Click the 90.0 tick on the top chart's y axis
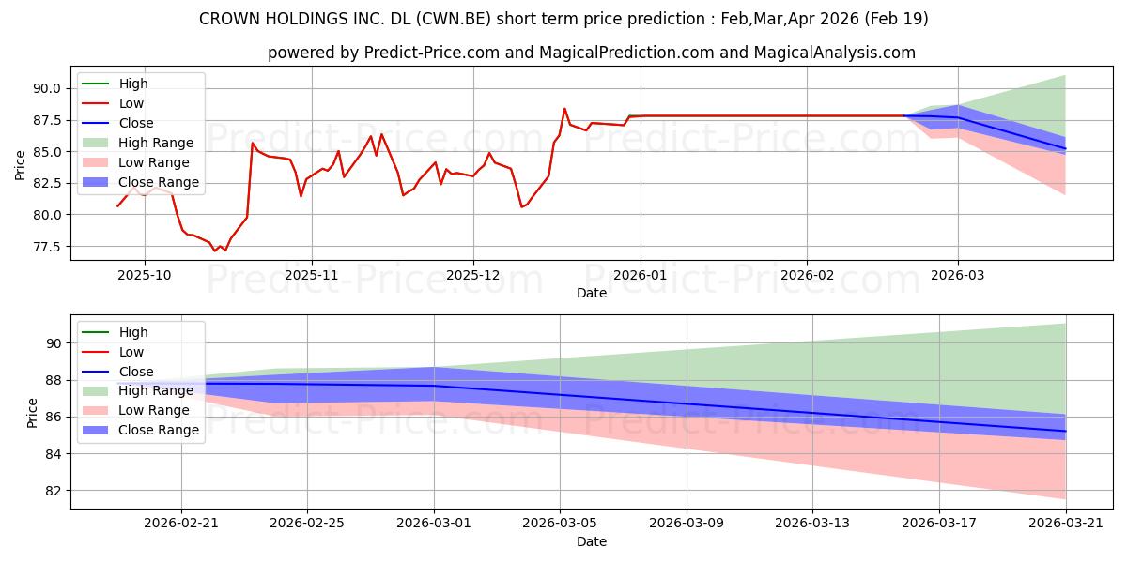click(47, 88)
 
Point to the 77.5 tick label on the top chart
click(47, 247)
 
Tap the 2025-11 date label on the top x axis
click(312, 275)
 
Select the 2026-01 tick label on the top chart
click(640, 275)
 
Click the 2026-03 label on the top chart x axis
click(957, 275)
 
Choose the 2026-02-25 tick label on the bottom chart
click(307, 524)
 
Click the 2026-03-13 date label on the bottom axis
click(812, 524)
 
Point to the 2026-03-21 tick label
click(1066, 524)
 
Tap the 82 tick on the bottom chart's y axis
click(53, 491)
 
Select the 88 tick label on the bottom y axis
click(53, 381)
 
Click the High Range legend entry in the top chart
click(137, 143)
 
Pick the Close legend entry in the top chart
click(117, 123)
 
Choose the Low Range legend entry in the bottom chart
click(135, 410)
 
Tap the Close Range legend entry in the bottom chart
click(140, 430)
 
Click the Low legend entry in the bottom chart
click(113, 352)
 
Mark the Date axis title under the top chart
click(592, 293)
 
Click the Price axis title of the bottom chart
click(32, 413)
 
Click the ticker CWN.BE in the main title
click(454, 19)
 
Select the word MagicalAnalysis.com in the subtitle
click(834, 53)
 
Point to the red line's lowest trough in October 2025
click(214, 251)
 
